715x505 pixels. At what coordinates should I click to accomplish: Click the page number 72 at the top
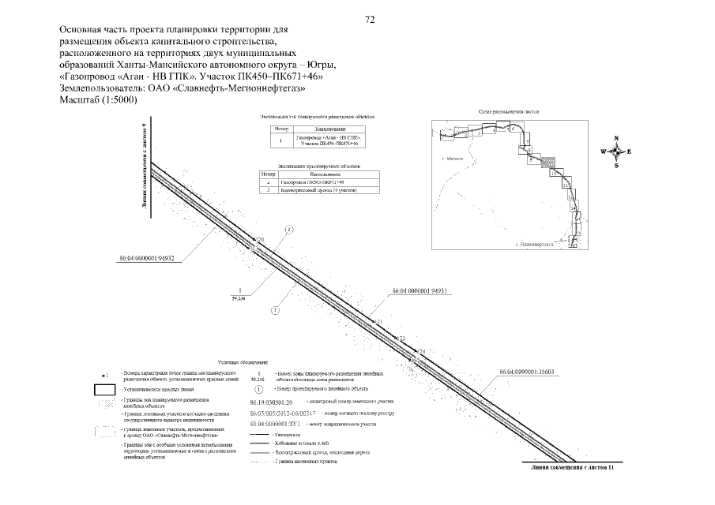point(370,20)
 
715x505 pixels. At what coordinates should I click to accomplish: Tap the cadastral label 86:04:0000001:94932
point(145,257)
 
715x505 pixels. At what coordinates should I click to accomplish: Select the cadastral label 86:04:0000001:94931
point(420,291)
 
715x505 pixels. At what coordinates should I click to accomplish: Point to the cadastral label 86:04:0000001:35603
point(527,371)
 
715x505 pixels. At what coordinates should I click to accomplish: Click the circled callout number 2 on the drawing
point(289,230)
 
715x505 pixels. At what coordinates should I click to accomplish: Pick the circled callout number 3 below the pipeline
point(274,311)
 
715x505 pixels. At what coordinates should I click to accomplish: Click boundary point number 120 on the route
point(258,239)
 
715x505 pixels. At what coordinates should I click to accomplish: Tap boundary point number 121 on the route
point(378,322)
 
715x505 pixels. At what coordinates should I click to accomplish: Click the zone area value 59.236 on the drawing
point(238,298)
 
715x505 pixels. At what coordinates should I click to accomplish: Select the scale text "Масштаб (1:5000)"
point(99,99)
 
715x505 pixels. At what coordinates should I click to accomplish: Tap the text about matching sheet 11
point(572,469)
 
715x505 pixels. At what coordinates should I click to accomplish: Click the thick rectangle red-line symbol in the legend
point(104,388)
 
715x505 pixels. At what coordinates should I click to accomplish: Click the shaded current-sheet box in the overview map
point(546,162)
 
